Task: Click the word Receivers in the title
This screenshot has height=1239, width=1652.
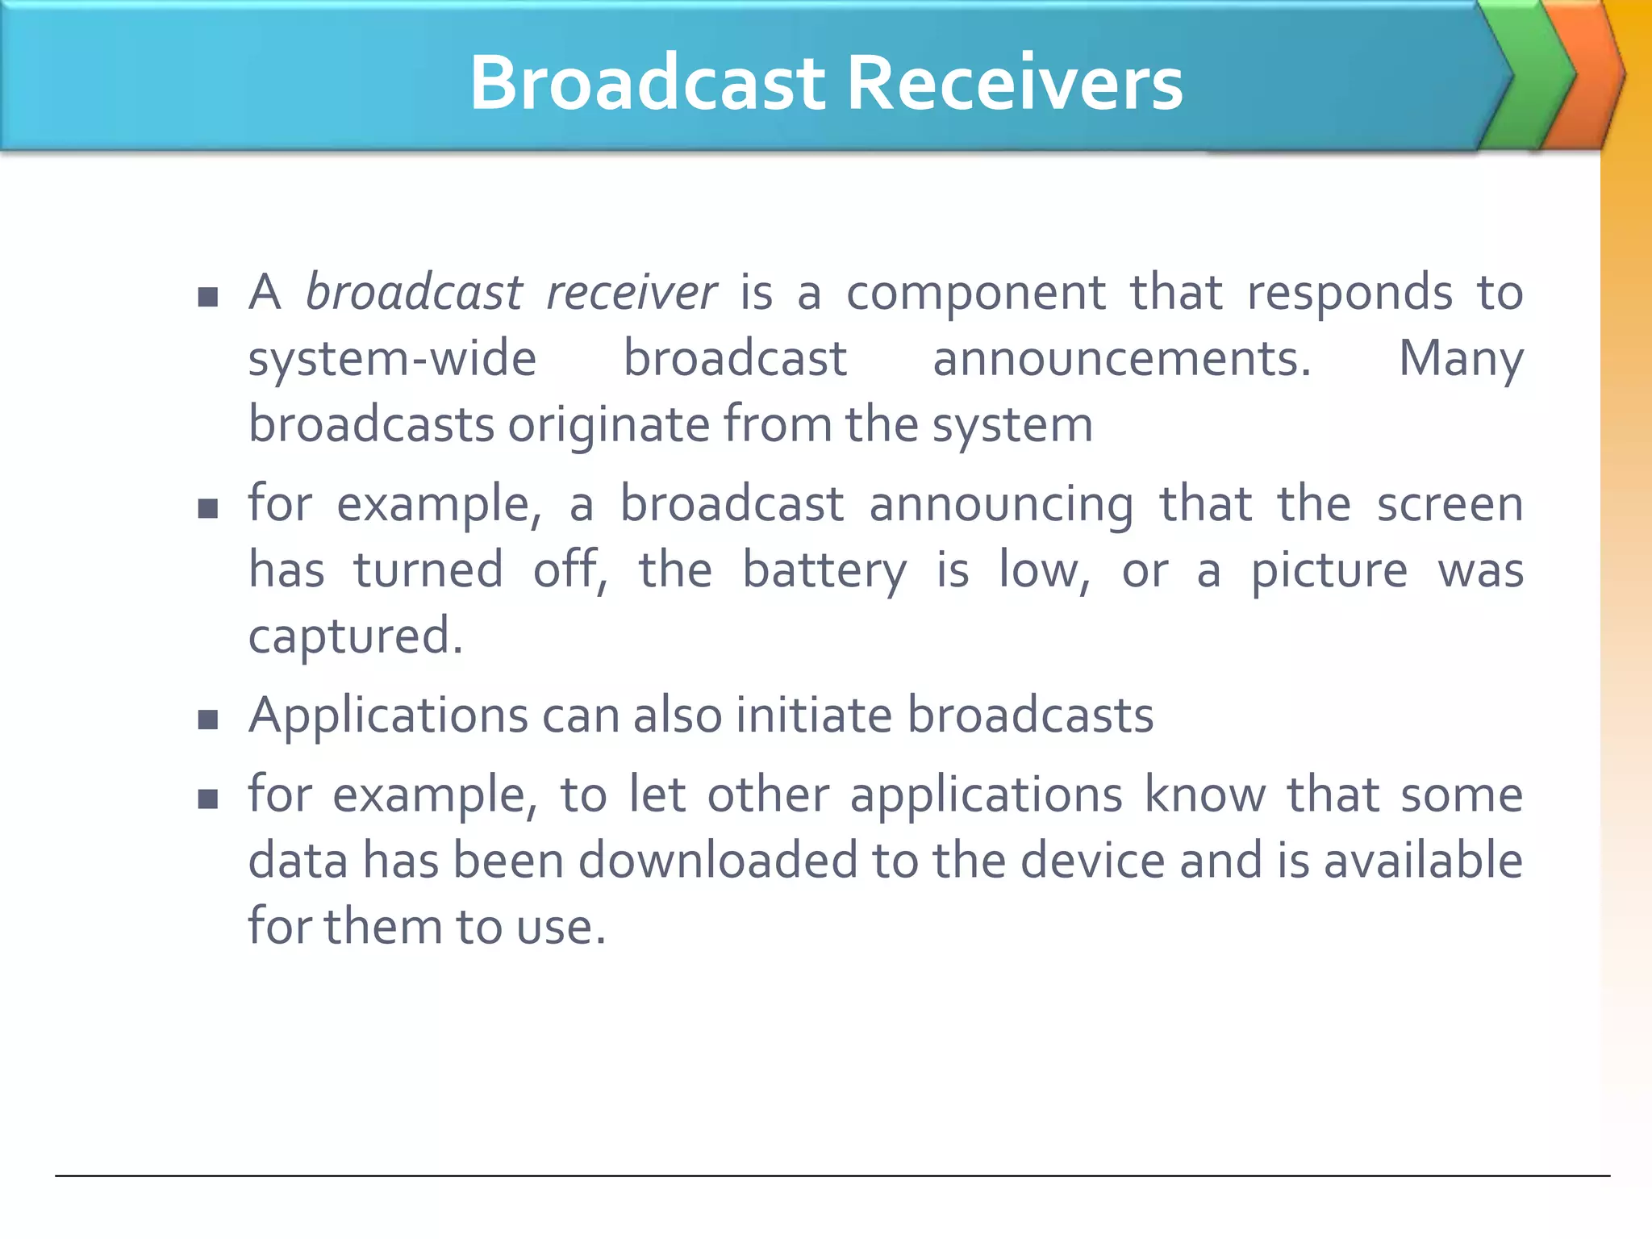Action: (1015, 83)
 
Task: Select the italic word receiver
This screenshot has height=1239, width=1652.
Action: (632, 292)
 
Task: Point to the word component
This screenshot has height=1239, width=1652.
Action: (975, 292)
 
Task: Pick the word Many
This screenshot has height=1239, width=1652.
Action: (1460, 360)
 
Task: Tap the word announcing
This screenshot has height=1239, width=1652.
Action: (1000, 506)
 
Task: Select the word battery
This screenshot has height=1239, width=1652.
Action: (824, 572)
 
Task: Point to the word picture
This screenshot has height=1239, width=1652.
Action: (1329, 572)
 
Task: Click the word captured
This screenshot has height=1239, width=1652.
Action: (355, 637)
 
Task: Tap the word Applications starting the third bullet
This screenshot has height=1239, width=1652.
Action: (388, 716)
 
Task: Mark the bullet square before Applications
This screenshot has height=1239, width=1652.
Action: (208, 719)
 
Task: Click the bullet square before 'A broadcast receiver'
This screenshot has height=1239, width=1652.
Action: (208, 297)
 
